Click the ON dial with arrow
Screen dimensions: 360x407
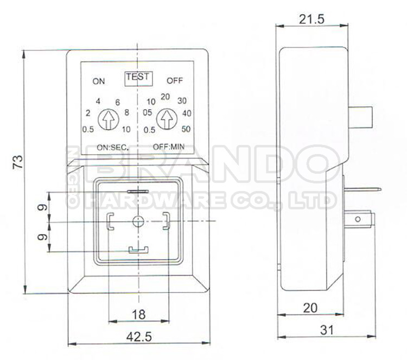tap(109, 118)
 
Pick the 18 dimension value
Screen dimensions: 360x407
tap(139, 313)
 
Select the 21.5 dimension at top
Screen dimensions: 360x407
tap(311, 20)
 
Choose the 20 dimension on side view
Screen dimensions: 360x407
tap(310, 307)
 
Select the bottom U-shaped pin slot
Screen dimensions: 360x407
tap(139, 249)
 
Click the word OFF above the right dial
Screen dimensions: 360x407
tap(175, 81)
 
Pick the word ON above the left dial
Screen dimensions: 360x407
tap(99, 82)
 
